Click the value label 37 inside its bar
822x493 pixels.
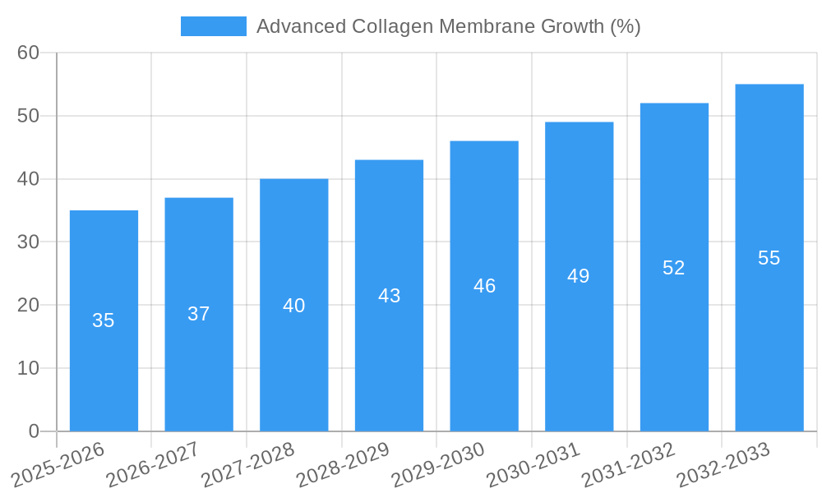point(199,314)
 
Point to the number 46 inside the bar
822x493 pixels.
point(484,286)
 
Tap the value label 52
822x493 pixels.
point(674,268)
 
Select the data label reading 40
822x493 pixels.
point(294,306)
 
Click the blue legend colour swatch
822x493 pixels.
point(214,26)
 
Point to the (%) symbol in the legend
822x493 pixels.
point(625,26)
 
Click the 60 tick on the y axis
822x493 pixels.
point(28,53)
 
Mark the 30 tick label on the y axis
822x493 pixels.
point(28,242)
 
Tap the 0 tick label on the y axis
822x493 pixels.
point(34,431)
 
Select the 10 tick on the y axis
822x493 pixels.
point(28,368)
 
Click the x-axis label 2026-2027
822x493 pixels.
point(153,464)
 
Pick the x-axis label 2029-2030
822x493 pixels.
point(438,464)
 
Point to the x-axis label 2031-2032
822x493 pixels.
point(629,464)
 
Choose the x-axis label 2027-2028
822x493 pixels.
point(248,464)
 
